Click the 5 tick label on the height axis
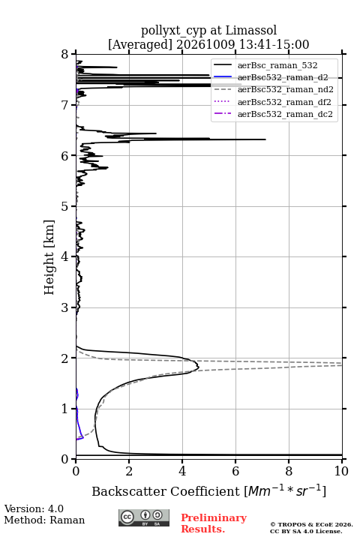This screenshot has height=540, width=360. pos(65,207)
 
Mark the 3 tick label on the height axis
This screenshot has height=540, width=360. pos(65,307)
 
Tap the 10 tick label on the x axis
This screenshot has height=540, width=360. pos(341,471)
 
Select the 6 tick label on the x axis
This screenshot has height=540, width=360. pos(235,471)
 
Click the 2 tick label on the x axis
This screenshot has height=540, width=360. pos(129,471)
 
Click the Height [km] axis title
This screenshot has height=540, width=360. pos(49,257)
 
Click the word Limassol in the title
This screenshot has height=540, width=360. pos(251,31)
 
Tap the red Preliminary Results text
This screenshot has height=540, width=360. pos(214,523)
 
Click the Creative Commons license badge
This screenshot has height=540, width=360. pos(144,517)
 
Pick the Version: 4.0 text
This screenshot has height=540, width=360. pos(34,508)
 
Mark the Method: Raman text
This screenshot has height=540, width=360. pos(44,520)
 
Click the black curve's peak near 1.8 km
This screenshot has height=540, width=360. pos(199,367)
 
